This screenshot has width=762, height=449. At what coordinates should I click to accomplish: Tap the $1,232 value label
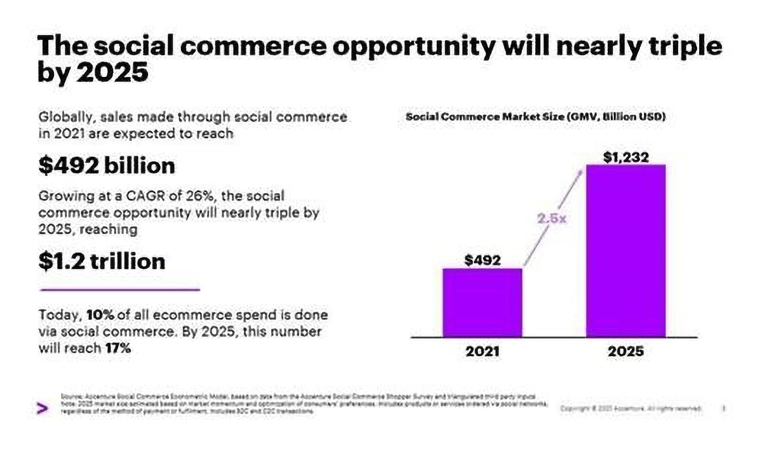(625, 157)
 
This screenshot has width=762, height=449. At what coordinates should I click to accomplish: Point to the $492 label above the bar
(483, 260)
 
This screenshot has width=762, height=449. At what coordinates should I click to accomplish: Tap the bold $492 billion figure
(106, 166)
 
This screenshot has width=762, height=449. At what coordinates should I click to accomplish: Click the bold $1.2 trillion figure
(102, 260)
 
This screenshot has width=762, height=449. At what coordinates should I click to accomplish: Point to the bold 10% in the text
(100, 315)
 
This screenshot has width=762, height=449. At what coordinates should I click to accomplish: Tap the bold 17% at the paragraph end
(118, 348)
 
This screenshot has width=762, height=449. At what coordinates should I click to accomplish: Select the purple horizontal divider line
(119, 289)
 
